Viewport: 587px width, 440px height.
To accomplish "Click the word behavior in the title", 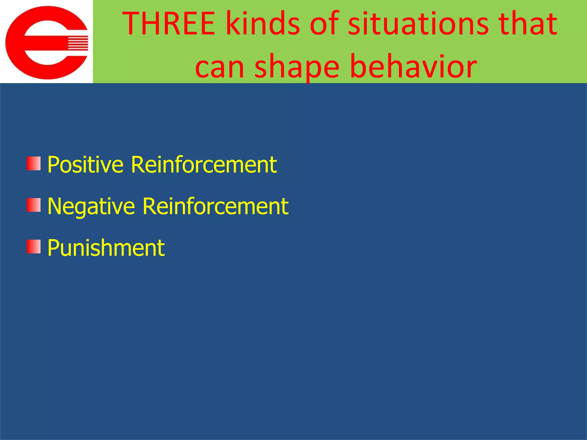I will (413, 66).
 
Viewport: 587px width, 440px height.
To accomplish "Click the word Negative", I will (91, 206).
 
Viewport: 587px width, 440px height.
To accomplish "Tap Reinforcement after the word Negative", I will (215, 206).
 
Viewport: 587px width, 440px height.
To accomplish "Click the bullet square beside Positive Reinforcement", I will (34, 164).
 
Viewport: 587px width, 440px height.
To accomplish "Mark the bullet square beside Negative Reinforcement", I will (34, 205).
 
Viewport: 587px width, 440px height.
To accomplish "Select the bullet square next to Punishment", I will (34, 247).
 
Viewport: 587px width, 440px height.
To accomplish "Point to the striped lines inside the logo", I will (78, 43).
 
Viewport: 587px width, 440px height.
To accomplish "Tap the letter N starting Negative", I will (54, 206).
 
